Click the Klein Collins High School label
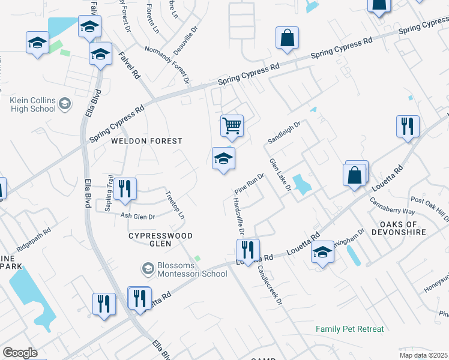point(33,104)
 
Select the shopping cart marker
point(232,126)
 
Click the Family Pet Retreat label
point(350,329)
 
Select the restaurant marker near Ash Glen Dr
point(125,189)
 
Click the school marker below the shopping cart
point(223,159)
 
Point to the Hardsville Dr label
point(237,217)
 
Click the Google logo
point(20,353)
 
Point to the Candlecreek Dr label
point(270,284)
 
